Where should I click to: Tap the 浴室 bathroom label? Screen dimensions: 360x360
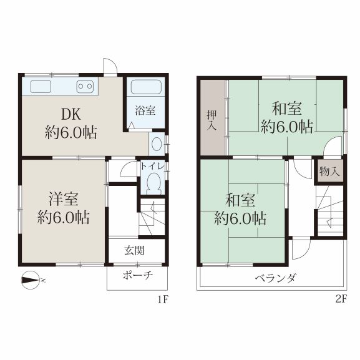(x=145, y=110)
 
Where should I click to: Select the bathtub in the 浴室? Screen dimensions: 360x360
(x=146, y=87)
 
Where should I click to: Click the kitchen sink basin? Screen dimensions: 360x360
(x=41, y=87)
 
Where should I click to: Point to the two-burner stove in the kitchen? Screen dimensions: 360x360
(x=85, y=87)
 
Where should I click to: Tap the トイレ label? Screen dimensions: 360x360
(x=153, y=166)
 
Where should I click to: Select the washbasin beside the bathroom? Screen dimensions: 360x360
(x=157, y=144)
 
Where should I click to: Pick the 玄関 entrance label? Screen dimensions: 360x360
(x=134, y=250)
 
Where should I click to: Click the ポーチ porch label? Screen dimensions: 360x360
(x=138, y=275)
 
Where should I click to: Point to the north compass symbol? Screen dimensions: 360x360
(x=31, y=280)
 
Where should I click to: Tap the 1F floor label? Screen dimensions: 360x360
(x=163, y=299)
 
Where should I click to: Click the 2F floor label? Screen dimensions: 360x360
(x=341, y=299)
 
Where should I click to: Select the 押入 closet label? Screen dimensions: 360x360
(x=212, y=120)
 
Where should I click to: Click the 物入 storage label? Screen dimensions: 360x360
(x=329, y=172)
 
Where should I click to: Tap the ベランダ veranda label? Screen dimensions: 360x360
(x=276, y=278)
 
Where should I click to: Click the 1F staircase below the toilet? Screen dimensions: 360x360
(x=152, y=216)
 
